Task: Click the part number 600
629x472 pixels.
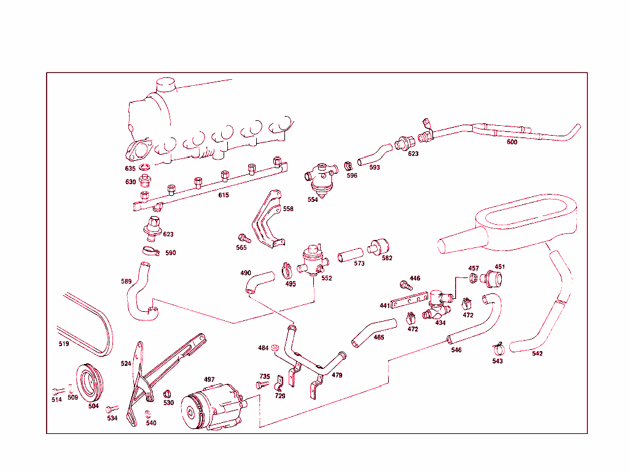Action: pyautogui.click(x=512, y=142)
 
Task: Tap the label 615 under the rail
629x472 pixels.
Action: pyautogui.click(x=224, y=195)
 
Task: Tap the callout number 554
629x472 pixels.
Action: pyautogui.click(x=313, y=199)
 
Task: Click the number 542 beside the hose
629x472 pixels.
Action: pyautogui.click(x=537, y=354)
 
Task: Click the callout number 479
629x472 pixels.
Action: pyautogui.click(x=337, y=375)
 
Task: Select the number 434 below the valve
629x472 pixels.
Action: pyautogui.click(x=440, y=322)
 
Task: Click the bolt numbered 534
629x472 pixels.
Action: pyautogui.click(x=111, y=409)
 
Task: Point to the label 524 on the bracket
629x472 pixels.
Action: pyautogui.click(x=126, y=363)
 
